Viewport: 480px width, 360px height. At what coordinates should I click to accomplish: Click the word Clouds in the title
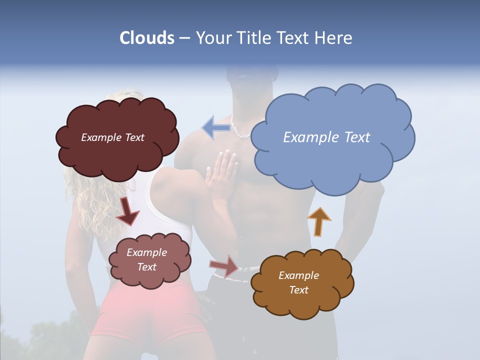pos(146,38)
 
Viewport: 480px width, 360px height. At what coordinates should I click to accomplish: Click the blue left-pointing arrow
pos(216,128)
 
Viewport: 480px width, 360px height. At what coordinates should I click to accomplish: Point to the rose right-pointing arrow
pos(224,266)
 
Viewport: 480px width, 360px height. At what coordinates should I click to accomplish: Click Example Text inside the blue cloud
pos(326,137)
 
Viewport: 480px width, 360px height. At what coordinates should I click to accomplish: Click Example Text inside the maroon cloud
pos(112,137)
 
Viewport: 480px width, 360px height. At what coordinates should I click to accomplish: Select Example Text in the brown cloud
pos(298,282)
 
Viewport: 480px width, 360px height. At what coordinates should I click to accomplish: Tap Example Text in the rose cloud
pos(146,259)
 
